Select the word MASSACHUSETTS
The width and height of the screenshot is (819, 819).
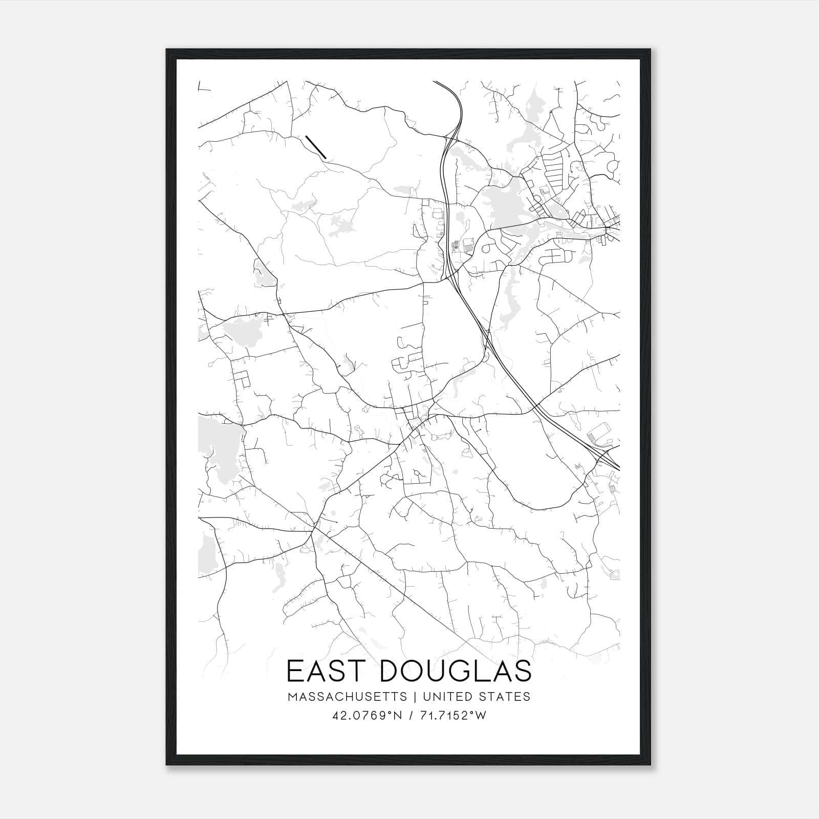click(x=348, y=697)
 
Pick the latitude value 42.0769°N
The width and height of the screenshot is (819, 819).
click(x=367, y=716)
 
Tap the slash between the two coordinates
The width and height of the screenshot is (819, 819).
click(x=409, y=716)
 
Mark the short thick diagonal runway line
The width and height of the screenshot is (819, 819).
click(x=315, y=146)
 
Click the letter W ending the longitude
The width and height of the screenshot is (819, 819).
click(x=481, y=716)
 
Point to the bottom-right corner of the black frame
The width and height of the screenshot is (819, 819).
click(x=651, y=765)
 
